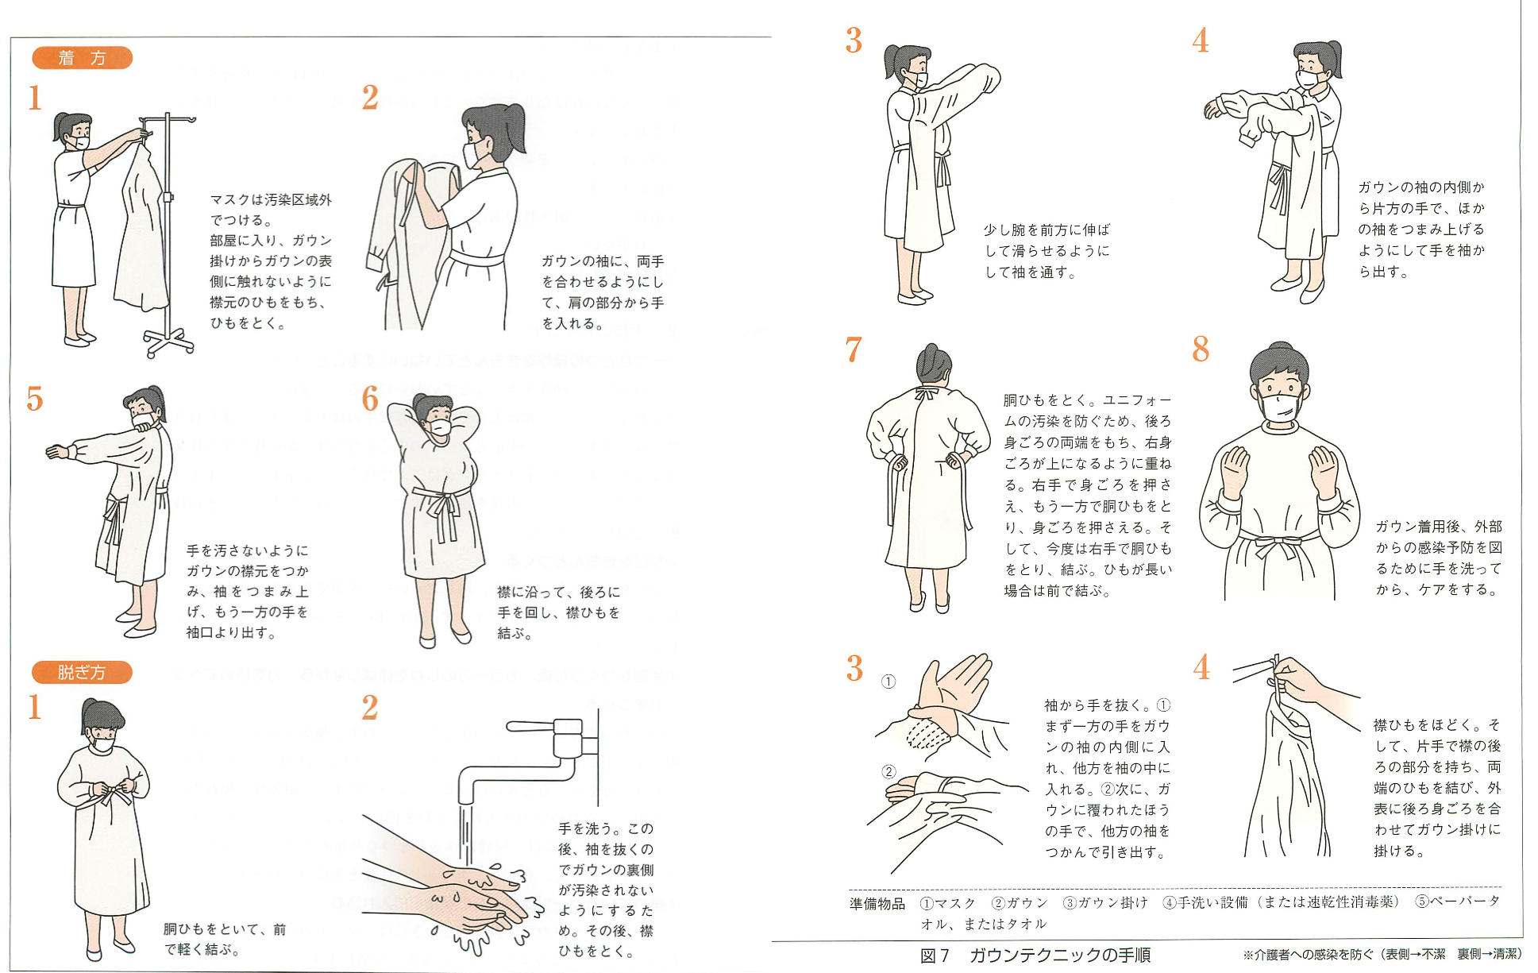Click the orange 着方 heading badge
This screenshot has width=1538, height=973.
click(x=82, y=58)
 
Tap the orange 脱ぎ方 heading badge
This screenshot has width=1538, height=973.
click(x=82, y=672)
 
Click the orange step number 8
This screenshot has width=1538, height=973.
click(x=1201, y=349)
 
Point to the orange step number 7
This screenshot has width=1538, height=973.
click(x=854, y=349)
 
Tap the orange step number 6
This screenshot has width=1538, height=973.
click(x=370, y=399)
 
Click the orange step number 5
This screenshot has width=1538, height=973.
click(x=34, y=399)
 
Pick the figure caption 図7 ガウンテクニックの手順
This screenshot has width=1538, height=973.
click(x=1035, y=955)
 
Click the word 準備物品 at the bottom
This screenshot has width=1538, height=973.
click(x=877, y=903)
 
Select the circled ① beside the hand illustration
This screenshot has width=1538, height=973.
click(x=888, y=681)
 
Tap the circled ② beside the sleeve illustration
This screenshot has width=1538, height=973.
click(x=888, y=771)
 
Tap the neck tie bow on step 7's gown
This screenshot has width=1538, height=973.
click(x=926, y=394)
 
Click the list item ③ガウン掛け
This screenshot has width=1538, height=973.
click(x=1104, y=903)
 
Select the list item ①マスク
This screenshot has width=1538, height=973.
click(x=947, y=903)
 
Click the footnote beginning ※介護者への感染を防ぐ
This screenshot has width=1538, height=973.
click(x=1382, y=955)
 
